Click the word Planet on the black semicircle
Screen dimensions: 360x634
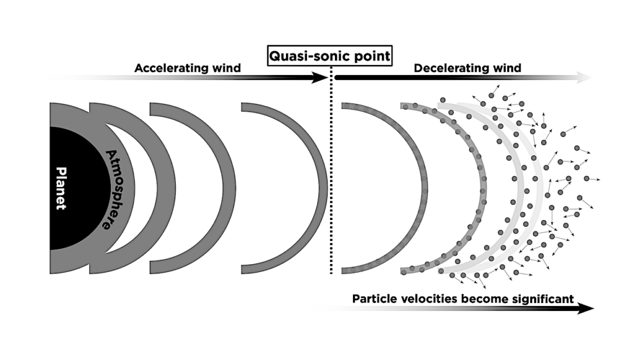pyautogui.click(x=60, y=188)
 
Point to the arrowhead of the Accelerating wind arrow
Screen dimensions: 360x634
pyautogui.click(x=321, y=77)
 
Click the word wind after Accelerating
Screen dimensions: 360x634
pyautogui.click(x=227, y=68)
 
